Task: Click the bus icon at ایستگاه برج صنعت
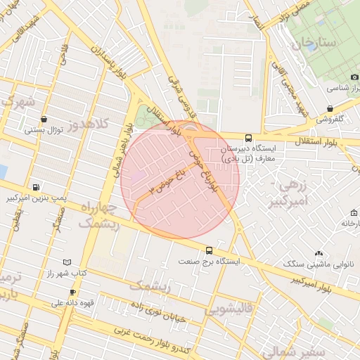click(x=209, y=250)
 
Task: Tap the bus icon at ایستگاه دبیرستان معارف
click(x=248, y=139)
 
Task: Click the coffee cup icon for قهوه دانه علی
click(x=72, y=292)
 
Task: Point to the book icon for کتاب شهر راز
click(x=67, y=262)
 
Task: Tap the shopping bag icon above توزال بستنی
click(x=45, y=119)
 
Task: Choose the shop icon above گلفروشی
click(x=330, y=108)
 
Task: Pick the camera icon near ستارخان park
click(x=353, y=77)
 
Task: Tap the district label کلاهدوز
click(x=91, y=123)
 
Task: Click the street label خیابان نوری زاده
click(x=157, y=309)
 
